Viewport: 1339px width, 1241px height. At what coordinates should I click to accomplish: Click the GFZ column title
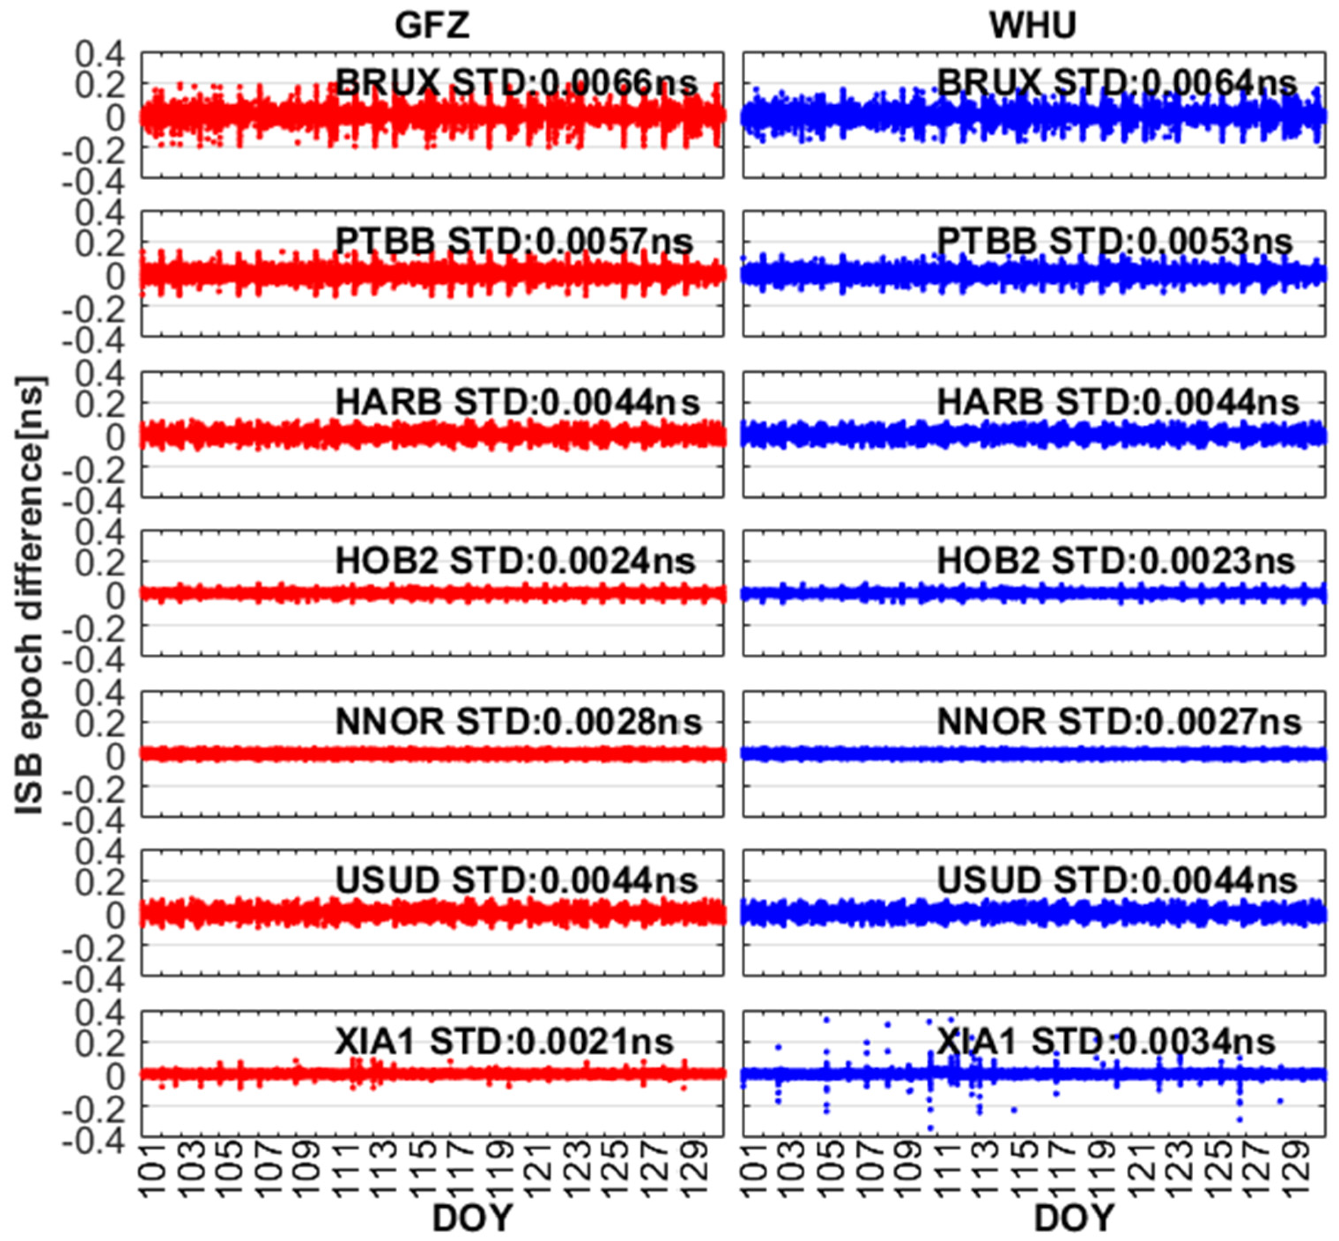[x=432, y=26]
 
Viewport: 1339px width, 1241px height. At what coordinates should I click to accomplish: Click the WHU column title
[x=1033, y=26]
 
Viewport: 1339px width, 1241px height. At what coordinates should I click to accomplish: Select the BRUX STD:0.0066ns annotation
[x=516, y=82]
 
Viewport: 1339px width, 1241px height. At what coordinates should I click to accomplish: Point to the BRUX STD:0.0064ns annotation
[x=1116, y=82]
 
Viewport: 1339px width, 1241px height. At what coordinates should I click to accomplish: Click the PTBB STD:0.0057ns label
[x=514, y=241]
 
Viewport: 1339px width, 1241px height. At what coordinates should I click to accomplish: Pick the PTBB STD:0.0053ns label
[x=1115, y=241]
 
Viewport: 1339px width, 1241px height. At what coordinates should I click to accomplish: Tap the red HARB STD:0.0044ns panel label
[x=517, y=402]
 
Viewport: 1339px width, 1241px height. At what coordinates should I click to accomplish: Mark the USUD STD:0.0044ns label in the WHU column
[x=1117, y=880]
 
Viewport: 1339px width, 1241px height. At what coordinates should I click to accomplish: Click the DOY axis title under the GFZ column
[x=472, y=1217]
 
